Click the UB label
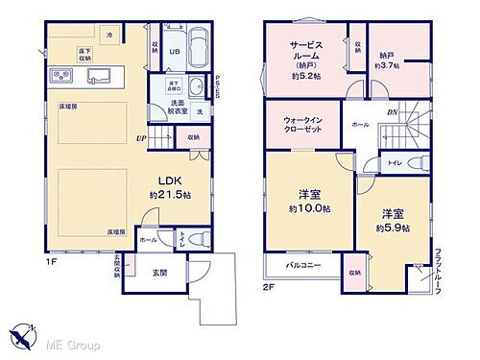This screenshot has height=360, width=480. click(175, 53)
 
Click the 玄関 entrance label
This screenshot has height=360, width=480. click(160, 273)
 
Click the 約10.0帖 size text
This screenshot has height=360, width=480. click(309, 208)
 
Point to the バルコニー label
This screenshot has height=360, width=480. click(304, 264)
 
